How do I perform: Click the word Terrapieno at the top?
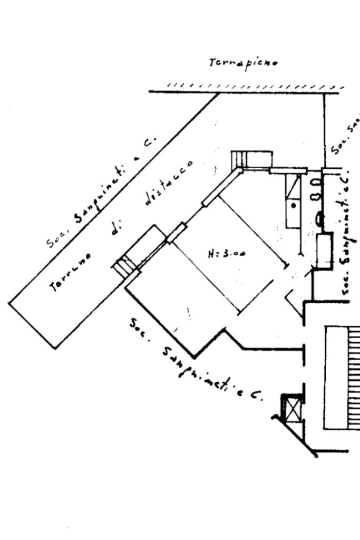[x=243, y=63]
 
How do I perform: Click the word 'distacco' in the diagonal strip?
[x=168, y=181]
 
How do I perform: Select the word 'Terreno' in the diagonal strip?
[x=70, y=272]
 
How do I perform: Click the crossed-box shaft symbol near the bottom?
[x=291, y=409]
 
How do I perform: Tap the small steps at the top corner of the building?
[x=240, y=158]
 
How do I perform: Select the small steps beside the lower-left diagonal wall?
[x=124, y=265]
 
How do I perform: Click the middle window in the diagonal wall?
[x=177, y=233]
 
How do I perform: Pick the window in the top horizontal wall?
[x=288, y=170]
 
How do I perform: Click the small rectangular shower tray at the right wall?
[x=325, y=250]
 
